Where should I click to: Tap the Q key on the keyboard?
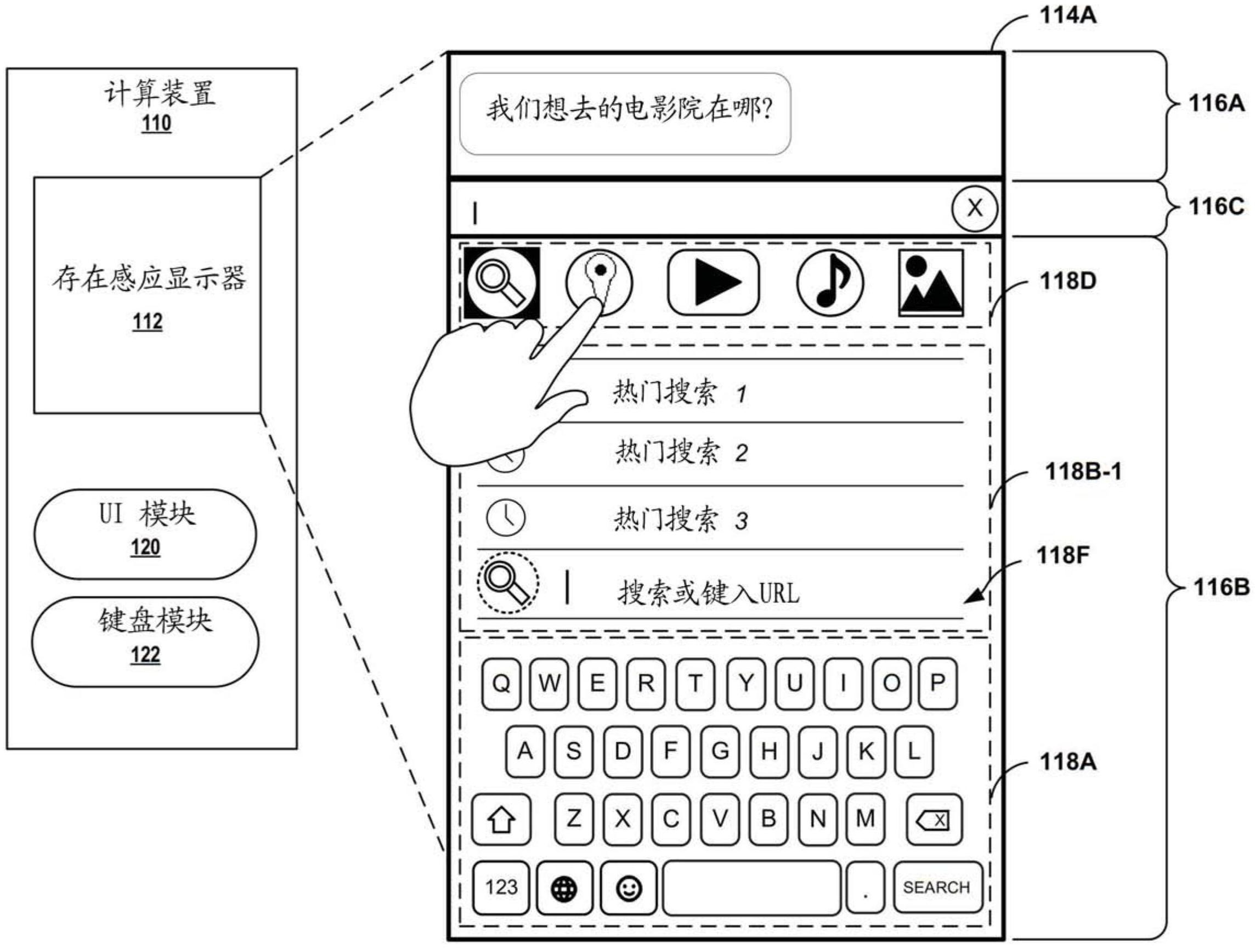coord(501,683)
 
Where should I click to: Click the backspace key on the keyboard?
coord(934,819)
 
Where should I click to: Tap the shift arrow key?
coord(501,819)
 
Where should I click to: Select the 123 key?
coord(501,887)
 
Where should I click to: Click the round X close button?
coord(974,208)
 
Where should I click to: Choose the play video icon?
coord(713,282)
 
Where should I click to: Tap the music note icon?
coord(830,282)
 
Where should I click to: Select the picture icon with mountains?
coord(930,282)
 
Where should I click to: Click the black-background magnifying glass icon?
coord(501,282)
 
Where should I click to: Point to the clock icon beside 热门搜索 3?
coord(506,518)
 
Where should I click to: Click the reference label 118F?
coord(1062,555)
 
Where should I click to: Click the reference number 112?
coord(148,321)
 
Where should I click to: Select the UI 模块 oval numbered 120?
coord(145,534)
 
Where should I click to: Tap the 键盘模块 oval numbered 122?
coord(145,642)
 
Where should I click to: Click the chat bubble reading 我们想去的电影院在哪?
coord(625,114)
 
